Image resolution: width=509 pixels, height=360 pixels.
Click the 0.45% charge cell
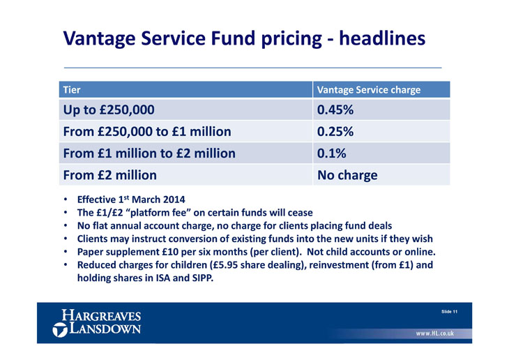click(381, 110)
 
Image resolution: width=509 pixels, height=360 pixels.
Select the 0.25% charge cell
click(381, 131)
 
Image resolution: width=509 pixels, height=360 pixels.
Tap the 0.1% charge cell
click(381, 153)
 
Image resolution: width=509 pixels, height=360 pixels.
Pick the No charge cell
click(381, 175)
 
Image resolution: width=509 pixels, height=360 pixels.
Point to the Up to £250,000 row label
click(109, 110)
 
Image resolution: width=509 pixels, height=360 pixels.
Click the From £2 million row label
click(109, 175)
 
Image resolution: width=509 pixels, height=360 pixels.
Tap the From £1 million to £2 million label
click(149, 153)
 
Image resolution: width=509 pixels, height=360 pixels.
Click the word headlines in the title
click(382, 38)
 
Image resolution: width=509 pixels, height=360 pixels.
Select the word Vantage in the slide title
click(99, 39)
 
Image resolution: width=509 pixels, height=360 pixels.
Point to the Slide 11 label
click(449, 312)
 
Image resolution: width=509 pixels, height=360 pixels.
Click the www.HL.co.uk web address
click(435, 333)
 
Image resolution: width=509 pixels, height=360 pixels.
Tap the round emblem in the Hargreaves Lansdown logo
click(60, 330)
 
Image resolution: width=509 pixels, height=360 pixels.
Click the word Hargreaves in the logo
click(101, 315)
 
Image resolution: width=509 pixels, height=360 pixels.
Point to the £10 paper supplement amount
click(169, 252)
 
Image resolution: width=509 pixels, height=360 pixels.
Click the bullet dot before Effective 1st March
click(66, 200)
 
